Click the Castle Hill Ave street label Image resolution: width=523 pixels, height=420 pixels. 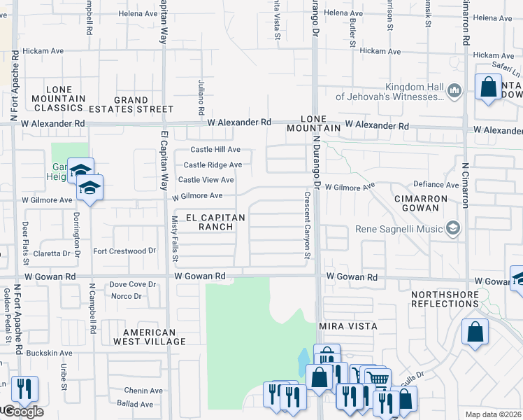[x=216, y=150]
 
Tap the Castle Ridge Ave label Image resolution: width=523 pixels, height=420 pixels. [x=213, y=165]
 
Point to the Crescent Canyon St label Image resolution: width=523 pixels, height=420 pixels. [x=306, y=225]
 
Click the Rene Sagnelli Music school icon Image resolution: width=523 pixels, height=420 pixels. [x=454, y=227]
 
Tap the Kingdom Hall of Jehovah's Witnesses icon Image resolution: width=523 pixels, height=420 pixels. [x=454, y=90]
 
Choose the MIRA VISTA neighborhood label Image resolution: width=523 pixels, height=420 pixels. [x=348, y=327]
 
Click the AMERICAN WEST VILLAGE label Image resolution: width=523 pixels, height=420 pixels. [x=155, y=337]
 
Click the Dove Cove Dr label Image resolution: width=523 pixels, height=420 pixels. [x=132, y=284]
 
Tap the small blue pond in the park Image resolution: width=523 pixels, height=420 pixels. [x=303, y=362]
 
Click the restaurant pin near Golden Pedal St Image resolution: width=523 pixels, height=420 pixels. [x=24, y=389]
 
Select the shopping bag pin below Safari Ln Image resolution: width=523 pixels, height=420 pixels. [x=489, y=88]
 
